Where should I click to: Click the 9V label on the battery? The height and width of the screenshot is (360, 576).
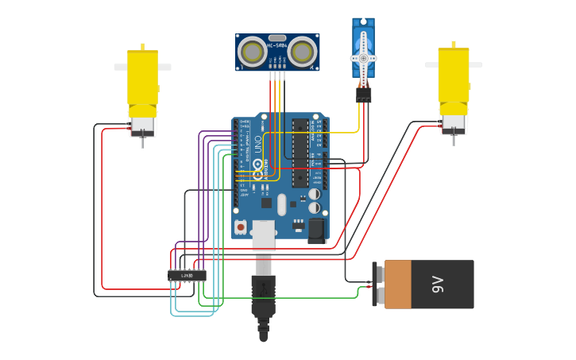pyautogui.click(x=437, y=285)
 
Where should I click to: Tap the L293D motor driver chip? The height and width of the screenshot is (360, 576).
pyautogui.click(x=187, y=276)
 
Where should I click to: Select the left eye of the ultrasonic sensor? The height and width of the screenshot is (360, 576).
pyautogui.click(x=253, y=52)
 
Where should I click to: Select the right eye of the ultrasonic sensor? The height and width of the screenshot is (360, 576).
pyautogui.click(x=302, y=52)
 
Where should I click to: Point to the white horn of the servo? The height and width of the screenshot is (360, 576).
pyautogui.click(x=364, y=59)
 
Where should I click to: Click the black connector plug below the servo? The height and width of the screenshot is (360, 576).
pyautogui.click(x=364, y=95)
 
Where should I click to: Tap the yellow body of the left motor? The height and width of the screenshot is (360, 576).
pyautogui.click(x=143, y=78)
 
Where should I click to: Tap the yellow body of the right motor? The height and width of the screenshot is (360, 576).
pyautogui.click(x=454, y=75)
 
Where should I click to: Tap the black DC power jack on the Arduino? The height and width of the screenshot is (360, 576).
pyautogui.click(x=317, y=230)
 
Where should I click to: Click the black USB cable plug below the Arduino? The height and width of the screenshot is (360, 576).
pyautogui.click(x=263, y=294)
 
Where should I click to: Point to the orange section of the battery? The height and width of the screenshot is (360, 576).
pyautogui.click(x=398, y=285)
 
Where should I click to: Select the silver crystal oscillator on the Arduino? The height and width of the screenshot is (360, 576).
pyautogui.click(x=281, y=205)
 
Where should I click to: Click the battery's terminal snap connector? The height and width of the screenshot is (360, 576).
pyautogui.click(x=376, y=285)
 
